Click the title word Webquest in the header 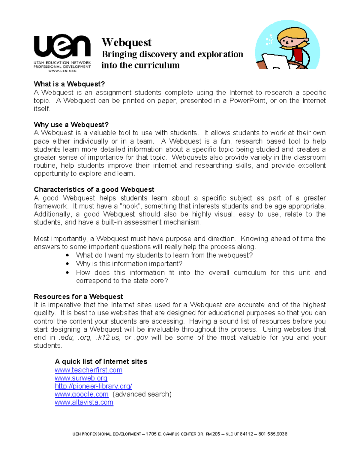[x=126, y=42]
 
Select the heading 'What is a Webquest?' [x=69, y=84]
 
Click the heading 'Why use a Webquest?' [x=71, y=125]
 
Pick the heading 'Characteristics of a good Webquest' [x=94, y=190]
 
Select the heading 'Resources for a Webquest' [x=78, y=297]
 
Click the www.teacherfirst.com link [x=88, y=370]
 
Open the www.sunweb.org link [x=81, y=378]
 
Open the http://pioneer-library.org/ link [x=93, y=386]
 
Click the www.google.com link [x=82, y=394]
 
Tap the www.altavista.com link [x=84, y=402]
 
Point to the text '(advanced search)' [x=142, y=394]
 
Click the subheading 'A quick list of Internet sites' [x=101, y=362]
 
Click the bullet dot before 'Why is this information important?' [x=67, y=264]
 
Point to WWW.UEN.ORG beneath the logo [x=62, y=71]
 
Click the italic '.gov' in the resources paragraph [x=141, y=338]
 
